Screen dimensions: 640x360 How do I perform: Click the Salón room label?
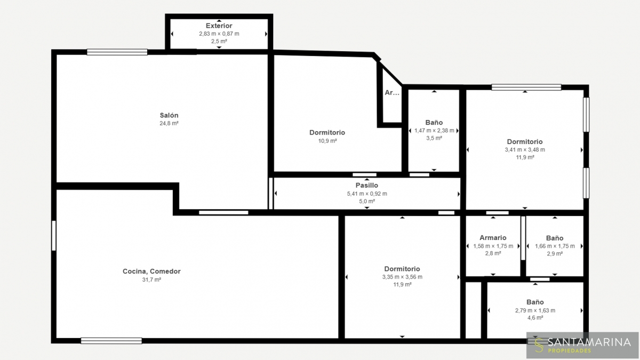click(169, 115)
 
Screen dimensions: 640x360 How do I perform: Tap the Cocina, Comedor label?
click(151, 271)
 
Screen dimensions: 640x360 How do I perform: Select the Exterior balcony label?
click(219, 26)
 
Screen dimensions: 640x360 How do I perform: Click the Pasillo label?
click(367, 186)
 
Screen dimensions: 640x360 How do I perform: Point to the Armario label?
click(493, 238)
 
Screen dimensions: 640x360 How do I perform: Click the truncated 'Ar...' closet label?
click(392, 93)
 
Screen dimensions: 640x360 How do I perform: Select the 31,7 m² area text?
click(151, 279)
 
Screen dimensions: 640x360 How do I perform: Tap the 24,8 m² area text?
click(169, 123)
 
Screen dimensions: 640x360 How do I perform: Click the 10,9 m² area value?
click(327, 141)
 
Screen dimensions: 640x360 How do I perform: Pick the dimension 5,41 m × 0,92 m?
click(367, 194)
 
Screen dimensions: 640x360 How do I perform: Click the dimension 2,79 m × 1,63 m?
click(535, 310)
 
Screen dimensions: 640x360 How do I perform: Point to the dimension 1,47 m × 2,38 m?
click(434, 131)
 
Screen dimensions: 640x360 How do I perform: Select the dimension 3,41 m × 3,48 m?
click(525, 150)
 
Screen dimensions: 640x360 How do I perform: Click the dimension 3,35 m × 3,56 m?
click(402, 277)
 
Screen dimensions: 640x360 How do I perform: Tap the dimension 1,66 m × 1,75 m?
click(555, 246)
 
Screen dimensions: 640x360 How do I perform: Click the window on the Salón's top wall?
click(117, 52)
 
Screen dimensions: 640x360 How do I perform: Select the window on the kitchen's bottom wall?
click(111, 341)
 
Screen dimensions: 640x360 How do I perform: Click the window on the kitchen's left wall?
click(54, 236)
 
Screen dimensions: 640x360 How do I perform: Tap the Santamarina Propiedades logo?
click(582, 345)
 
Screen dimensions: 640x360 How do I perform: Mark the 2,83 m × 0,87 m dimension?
click(219, 34)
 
